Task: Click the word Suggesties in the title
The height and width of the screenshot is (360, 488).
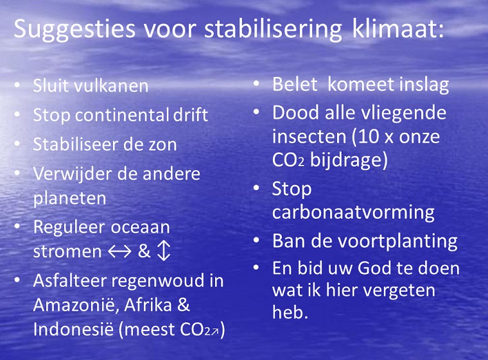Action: (74, 30)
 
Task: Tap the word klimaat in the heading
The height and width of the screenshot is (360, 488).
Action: (395, 28)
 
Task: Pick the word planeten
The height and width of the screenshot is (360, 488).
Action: (70, 198)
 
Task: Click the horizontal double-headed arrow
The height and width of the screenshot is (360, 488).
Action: (120, 252)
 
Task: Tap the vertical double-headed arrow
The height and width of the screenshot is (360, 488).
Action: (163, 252)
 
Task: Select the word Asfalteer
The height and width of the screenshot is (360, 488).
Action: (70, 280)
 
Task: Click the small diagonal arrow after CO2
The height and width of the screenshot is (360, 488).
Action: (214, 332)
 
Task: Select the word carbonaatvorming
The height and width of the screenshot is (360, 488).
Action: (353, 212)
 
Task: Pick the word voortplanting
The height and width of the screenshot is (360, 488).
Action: (394, 241)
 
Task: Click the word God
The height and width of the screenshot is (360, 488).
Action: (374, 268)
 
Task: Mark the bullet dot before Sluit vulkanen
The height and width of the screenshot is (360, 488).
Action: (17, 85)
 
